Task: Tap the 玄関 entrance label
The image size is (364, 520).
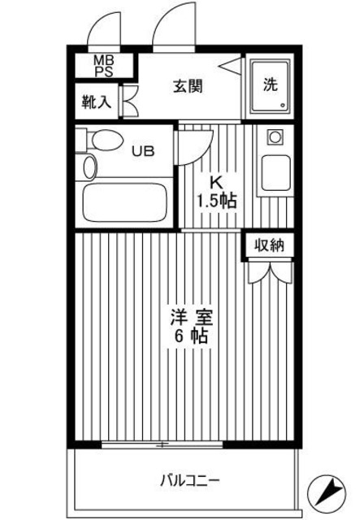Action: pyautogui.click(x=188, y=85)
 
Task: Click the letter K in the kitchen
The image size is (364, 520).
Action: pyautogui.click(x=216, y=183)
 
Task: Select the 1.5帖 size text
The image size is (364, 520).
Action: pyautogui.click(x=216, y=201)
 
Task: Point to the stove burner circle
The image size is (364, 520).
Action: pyautogui.click(x=273, y=137)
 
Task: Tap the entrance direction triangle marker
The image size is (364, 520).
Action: pyautogui.click(x=233, y=67)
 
